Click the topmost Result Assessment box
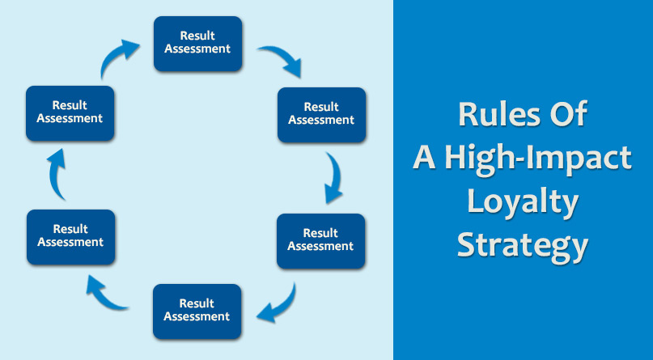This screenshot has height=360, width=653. pos(197,44)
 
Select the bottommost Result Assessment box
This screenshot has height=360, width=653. pos(197,311)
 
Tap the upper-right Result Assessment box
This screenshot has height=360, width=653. pos(321,115)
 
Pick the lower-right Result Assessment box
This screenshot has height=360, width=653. pos(320,241)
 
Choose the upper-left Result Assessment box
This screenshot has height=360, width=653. pos(70,113)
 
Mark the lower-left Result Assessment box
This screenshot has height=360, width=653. pos(70,237)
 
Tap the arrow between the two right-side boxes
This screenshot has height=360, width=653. pos(336,177)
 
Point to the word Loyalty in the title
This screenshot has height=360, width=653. pos(523,202)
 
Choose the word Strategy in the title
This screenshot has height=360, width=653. pos(523,247)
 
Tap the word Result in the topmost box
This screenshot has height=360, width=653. pos(197,36)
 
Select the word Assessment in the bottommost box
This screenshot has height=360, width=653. pos(197,316)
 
